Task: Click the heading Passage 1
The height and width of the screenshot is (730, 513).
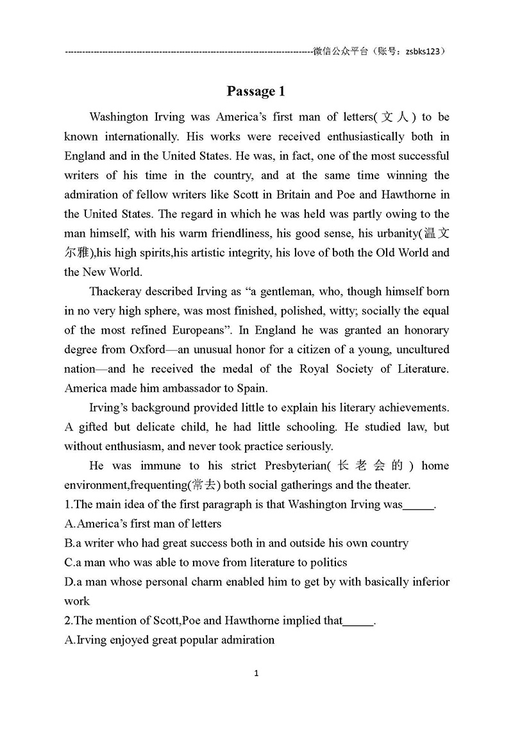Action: (256, 91)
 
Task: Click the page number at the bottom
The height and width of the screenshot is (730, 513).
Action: (256, 674)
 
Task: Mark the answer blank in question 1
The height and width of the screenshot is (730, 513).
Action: (419, 505)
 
